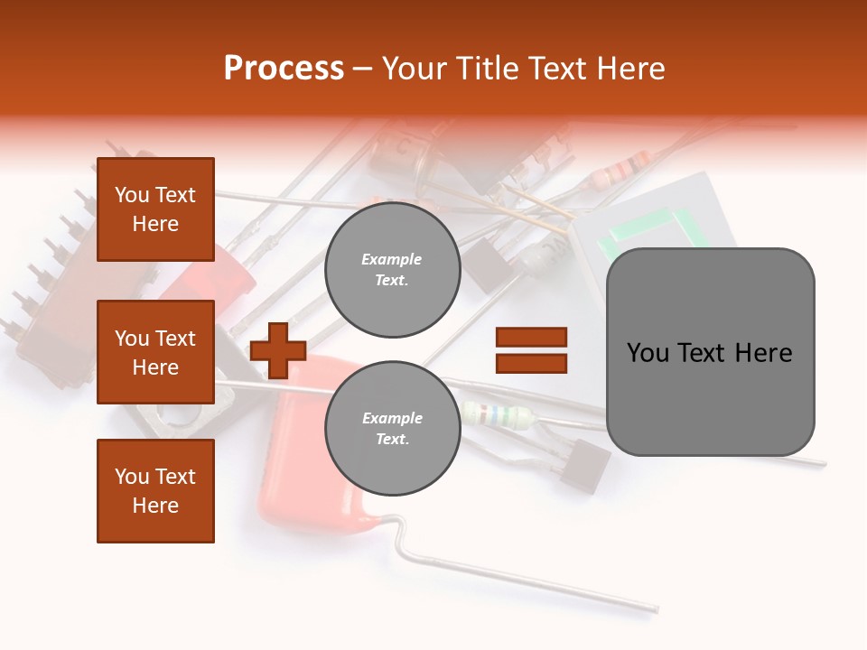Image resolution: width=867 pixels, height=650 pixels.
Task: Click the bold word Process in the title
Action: pyautogui.click(x=284, y=69)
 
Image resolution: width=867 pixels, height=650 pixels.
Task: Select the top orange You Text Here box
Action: pyautogui.click(x=155, y=209)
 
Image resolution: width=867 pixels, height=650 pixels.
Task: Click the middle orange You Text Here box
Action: pyautogui.click(x=155, y=352)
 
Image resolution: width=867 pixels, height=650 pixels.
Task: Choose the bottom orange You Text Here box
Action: pyautogui.click(x=155, y=491)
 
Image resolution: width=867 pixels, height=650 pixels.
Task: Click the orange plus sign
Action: pyautogui.click(x=278, y=349)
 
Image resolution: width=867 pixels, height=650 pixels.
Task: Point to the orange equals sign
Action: pyautogui.click(x=531, y=350)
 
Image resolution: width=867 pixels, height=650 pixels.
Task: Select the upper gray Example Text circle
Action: pyautogui.click(x=392, y=270)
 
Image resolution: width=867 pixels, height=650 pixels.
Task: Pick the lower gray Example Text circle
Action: pyautogui.click(x=392, y=428)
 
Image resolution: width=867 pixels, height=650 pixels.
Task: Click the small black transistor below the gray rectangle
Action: pyautogui.click(x=584, y=466)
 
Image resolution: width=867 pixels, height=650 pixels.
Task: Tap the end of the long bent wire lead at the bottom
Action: pyautogui.click(x=654, y=609)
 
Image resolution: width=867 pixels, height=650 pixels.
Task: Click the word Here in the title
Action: pyautogui.click(x=631, y=69)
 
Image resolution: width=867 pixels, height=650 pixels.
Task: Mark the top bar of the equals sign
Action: pyautogui.click(x=531, y=338)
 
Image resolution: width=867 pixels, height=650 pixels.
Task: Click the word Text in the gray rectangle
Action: pyautogui.click(x=710, y=353)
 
